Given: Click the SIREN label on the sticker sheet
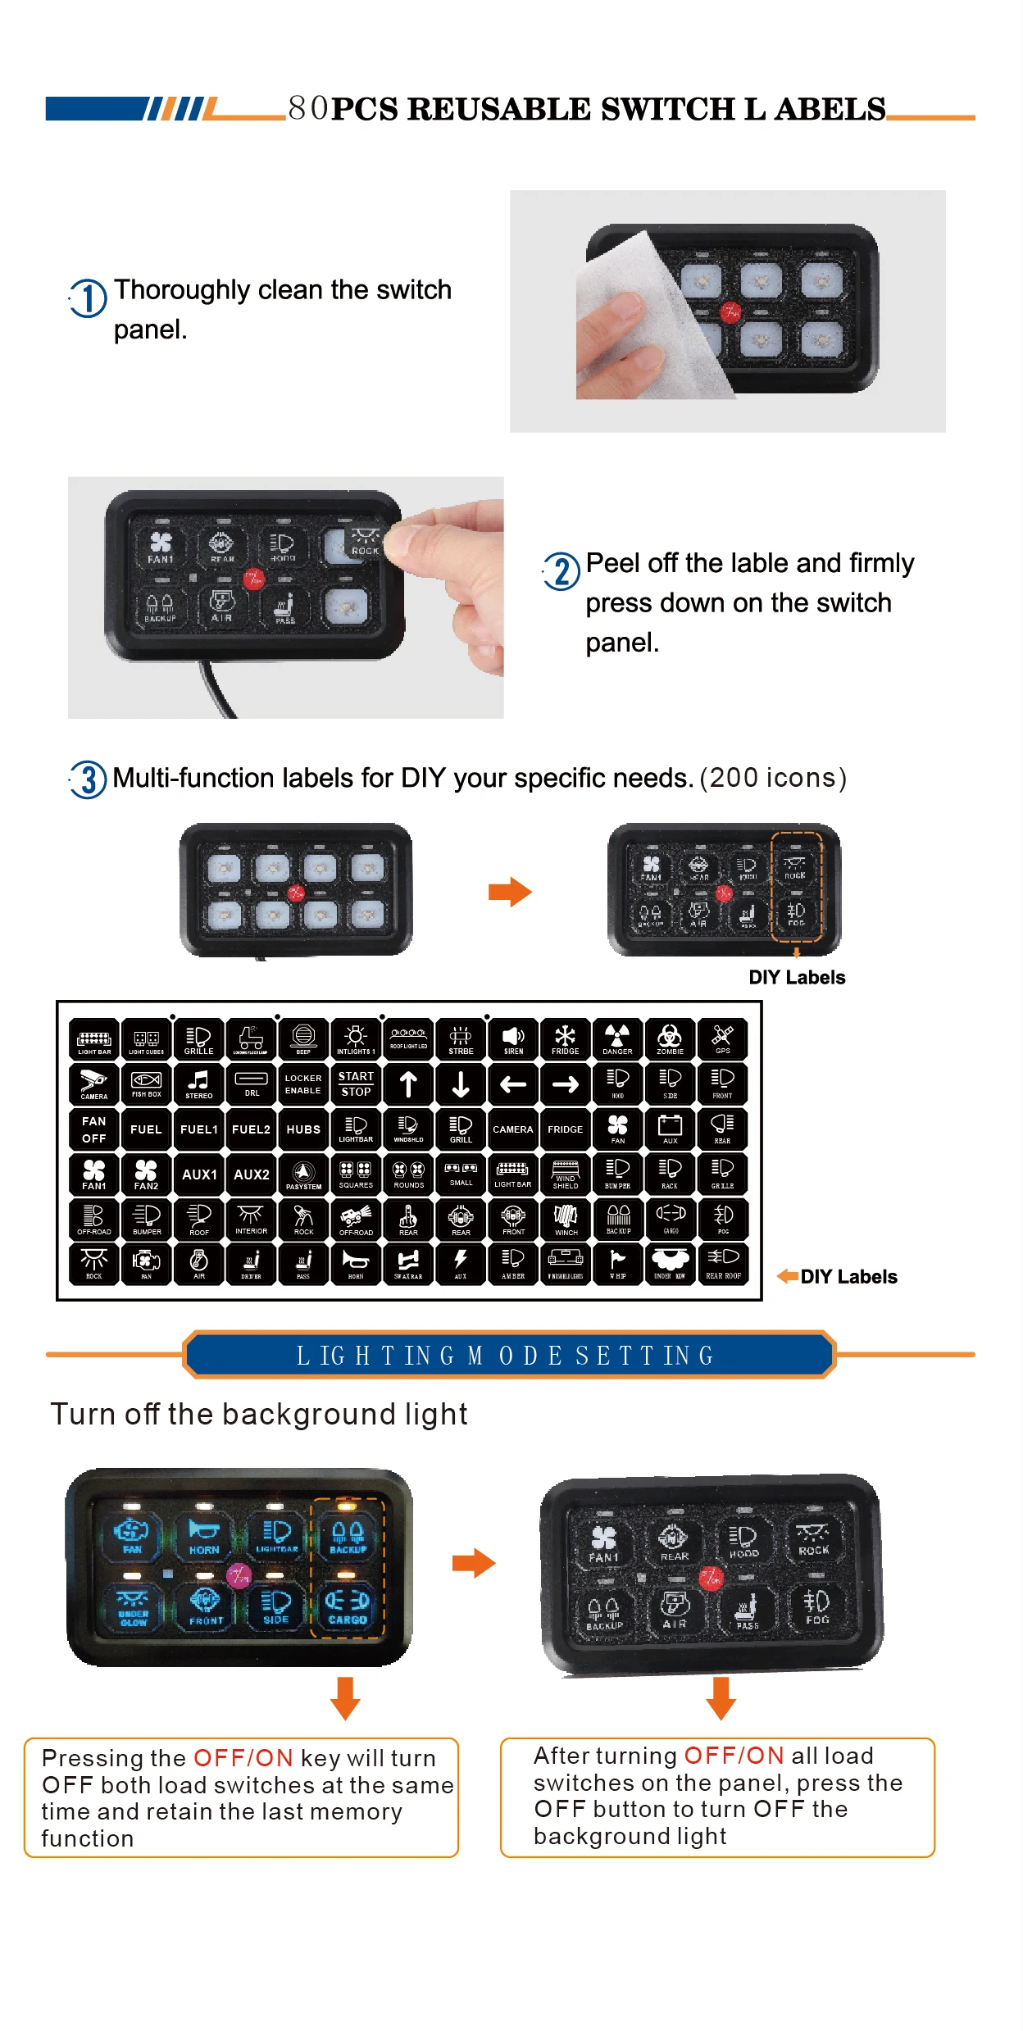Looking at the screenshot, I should [513, 1038].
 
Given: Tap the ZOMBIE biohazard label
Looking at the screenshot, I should [670, 1038].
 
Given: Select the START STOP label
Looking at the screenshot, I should [356, 1084].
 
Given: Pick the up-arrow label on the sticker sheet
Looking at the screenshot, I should [408, 1084].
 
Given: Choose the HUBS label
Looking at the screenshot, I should [303, 1129].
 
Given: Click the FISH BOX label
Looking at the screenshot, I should [147, 1084].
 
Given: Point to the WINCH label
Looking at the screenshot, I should [566, 1220].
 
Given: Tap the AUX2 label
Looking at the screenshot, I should [252, 1174].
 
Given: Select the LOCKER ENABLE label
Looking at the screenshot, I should [303, 1084].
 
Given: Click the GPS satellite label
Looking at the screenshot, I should [722, 1038].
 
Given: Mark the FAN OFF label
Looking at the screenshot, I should [94, 1129].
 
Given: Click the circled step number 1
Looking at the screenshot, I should [88, 298].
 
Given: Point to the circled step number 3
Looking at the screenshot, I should [89, 779].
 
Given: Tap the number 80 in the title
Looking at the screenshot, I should [308, 108].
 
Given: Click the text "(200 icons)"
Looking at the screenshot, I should [772, 778].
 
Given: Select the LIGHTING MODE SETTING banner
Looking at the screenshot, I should [508, 1356].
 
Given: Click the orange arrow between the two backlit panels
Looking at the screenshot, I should [474, 1563].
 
